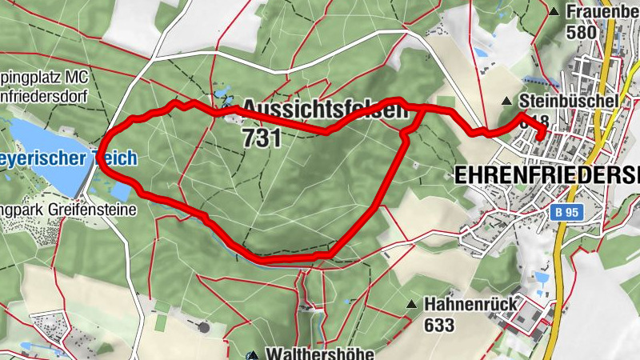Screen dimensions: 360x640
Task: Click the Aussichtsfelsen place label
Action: coord(324,109)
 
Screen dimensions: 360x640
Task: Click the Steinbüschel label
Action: coord(567,102)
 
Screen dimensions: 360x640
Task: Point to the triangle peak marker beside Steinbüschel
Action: coord(506,102)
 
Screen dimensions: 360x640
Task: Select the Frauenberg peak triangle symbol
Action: coord(554,11)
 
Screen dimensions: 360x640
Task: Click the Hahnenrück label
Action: coord(471,304)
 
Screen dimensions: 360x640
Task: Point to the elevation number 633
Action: coord(440,325)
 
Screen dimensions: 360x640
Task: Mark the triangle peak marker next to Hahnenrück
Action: coord(411,304)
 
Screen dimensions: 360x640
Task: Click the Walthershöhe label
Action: coord(309,353)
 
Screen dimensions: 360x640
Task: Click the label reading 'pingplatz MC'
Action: coord(44,77)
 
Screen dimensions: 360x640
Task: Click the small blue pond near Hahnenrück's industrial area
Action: coord(542,278)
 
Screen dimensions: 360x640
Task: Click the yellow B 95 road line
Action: coord(570,240)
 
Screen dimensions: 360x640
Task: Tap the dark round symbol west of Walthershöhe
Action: coord(204,326)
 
